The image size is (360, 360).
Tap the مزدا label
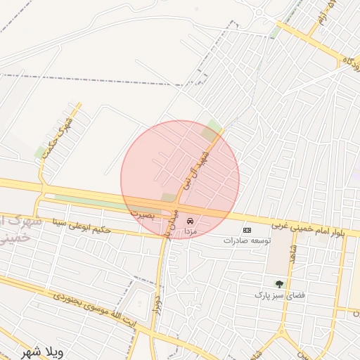click(190, 231)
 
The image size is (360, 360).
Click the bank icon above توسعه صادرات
click(247, 230)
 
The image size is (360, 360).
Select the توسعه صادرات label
click(247, 240)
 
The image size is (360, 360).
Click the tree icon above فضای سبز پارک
click(279, 284)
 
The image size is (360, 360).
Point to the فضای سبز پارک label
click(279, 295)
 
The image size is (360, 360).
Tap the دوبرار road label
click(159, 299)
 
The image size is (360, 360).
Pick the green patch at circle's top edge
click(210, 129)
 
